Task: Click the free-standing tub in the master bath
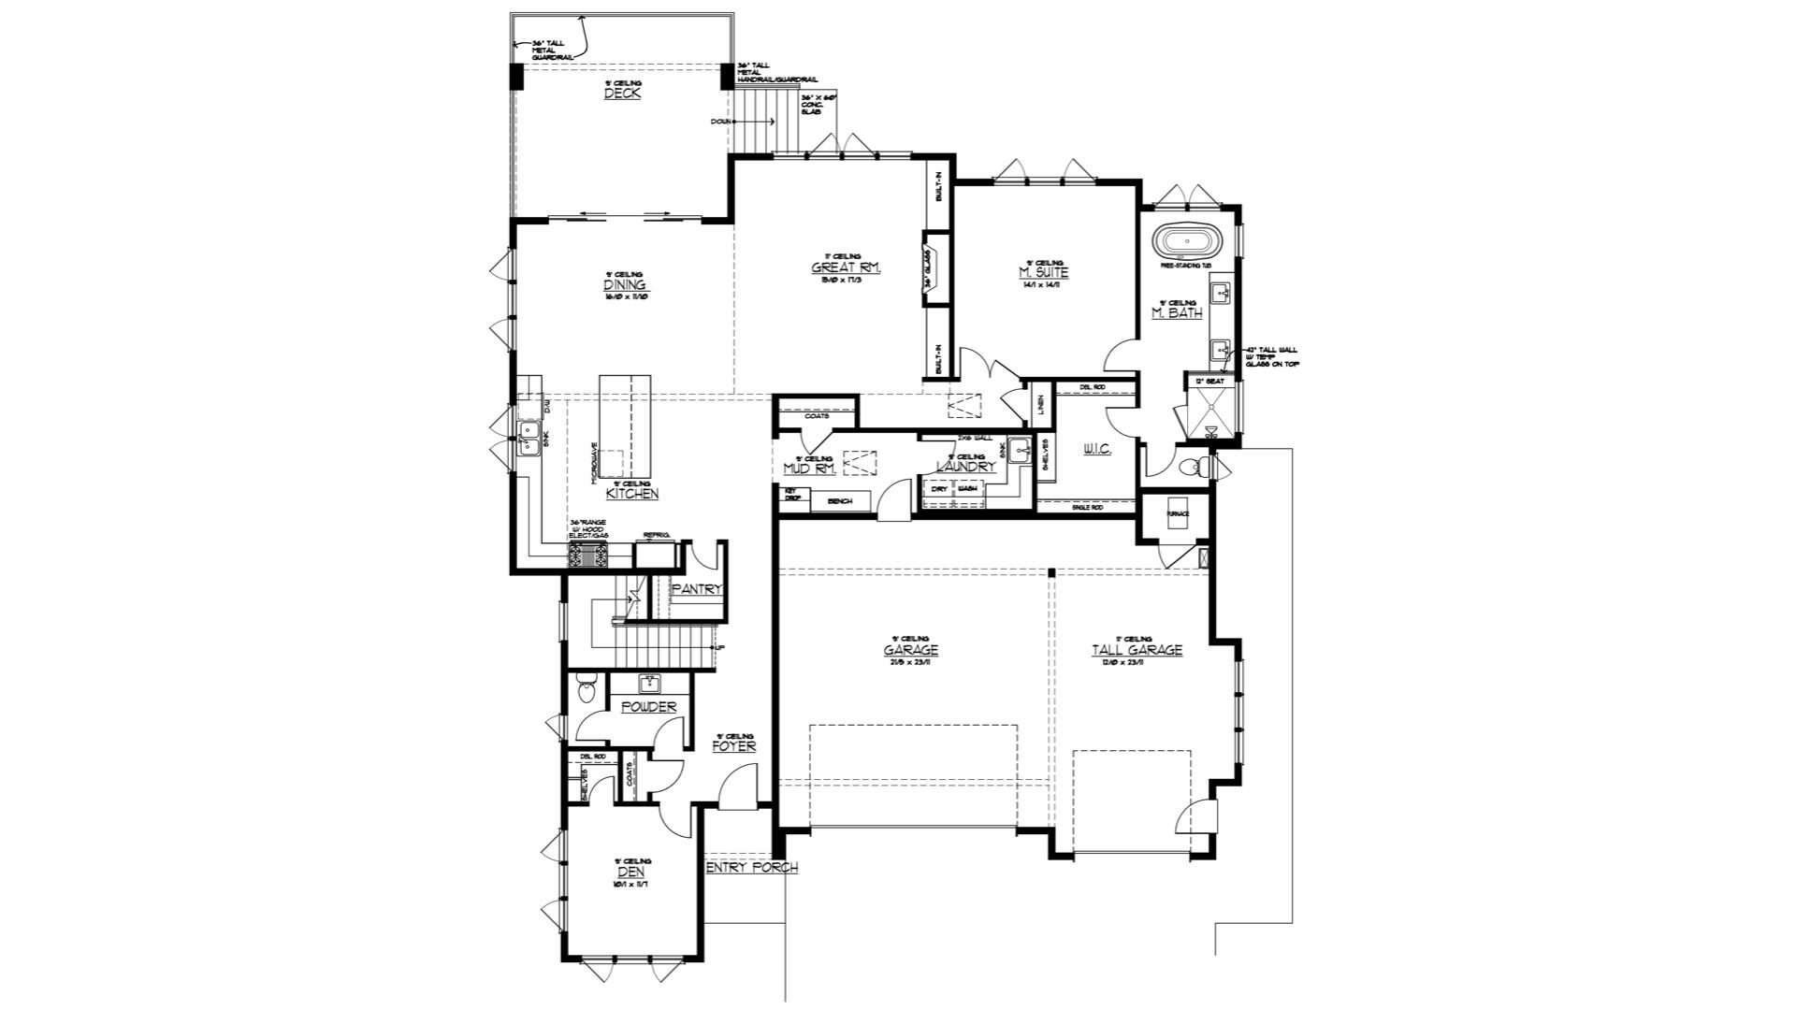[x=1185, y=242]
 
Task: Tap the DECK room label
[x=622, y=94]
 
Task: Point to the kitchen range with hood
[x=588, y=556]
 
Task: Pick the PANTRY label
[x=698, y=589]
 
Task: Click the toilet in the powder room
[x=587, y=690]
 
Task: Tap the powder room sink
[x=649, y=684]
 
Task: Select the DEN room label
[x=630, y=872]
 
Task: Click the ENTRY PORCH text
[x=751, y=868]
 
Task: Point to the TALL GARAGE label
[x=1137, y=650]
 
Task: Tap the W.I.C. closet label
[x=1096, y=450]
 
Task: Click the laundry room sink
[x=1020, y=452]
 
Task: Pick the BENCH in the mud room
[x=839, y=502]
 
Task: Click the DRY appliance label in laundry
[x=939, y=489]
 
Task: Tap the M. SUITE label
[x=1043, y=273]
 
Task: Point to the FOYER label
[x=733, y=746]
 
